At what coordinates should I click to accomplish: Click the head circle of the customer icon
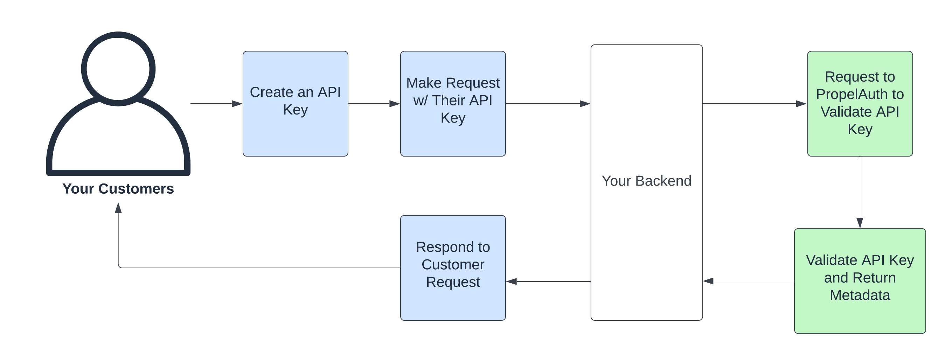118,69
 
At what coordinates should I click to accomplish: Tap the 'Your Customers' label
118,189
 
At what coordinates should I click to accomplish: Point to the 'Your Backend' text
646,181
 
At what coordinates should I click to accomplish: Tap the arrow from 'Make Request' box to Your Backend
547,104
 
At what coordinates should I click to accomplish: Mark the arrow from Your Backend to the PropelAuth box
754,104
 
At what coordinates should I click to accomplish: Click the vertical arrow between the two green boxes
860,192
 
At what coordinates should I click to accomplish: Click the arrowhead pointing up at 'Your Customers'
118,208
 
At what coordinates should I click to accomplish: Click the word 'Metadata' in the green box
860,295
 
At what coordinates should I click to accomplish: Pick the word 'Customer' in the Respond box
453,265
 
